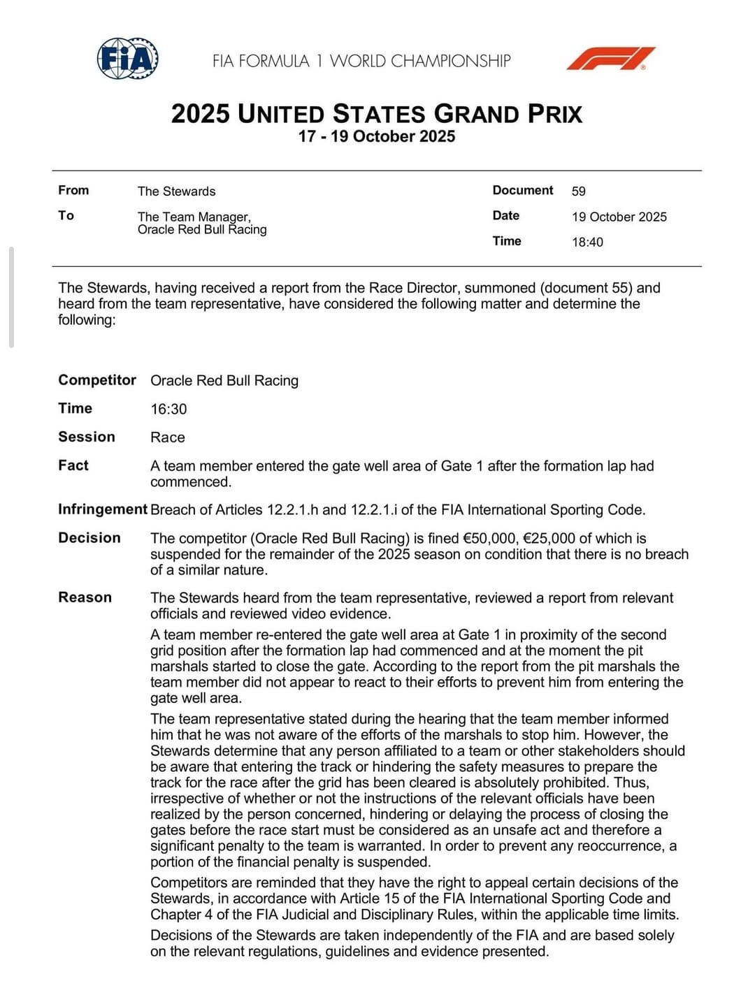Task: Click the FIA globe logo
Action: pyautogui.click(x=127, y=59)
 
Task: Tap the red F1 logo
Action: pyautogui.click(x=610, y=59)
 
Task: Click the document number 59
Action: pyautogui.click(x=579, y=191)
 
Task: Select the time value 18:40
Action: pyautogui.click(x=587, y=242)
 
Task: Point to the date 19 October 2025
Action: pyautogui.click(x=619, y=217)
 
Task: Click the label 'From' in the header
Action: pyautogui.click(x=73, y=190)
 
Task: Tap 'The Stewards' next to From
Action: pyautogui.click(x=176, y=191)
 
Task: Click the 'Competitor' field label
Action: pyautogui.click(x=97, y=380)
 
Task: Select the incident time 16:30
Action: pyautogui.click(x=168, y=409)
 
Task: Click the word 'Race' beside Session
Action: pyautogui.click(x=168, y=437)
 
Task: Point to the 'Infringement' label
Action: pyautogui.click(x=103, y=509)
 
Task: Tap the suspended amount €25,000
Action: pyautogui.click(x=549, y=538)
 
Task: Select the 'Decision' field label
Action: pyautogui.click(x=89, y=538)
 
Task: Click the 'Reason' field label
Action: pyautogui.click(x=85, y=597)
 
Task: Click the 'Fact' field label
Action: pyautogui.click(x=73, y=465)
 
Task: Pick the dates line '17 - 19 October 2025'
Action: pyautogui.click(x=377, y=136)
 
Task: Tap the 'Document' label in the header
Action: pyautogui.click(x=522, y=190)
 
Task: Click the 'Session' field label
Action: pyautogui.click(x=87, y=437)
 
